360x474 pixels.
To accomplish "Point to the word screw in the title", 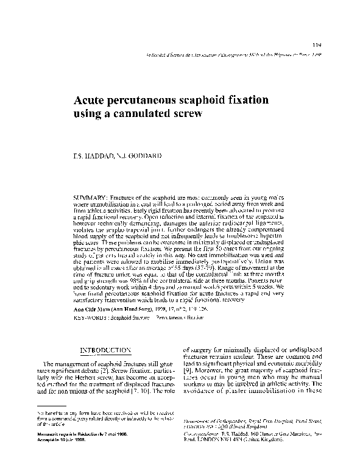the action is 185,114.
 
